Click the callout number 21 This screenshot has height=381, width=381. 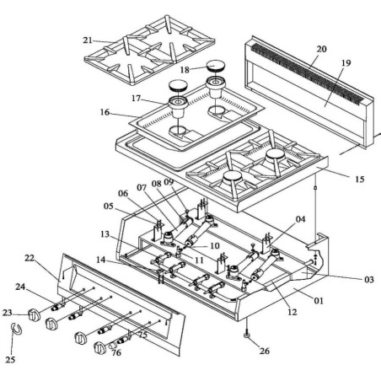coord(89,40)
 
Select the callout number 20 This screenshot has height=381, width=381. coord(320,50)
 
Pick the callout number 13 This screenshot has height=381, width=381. coord(105,233)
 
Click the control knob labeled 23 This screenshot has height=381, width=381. coord(35,314)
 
